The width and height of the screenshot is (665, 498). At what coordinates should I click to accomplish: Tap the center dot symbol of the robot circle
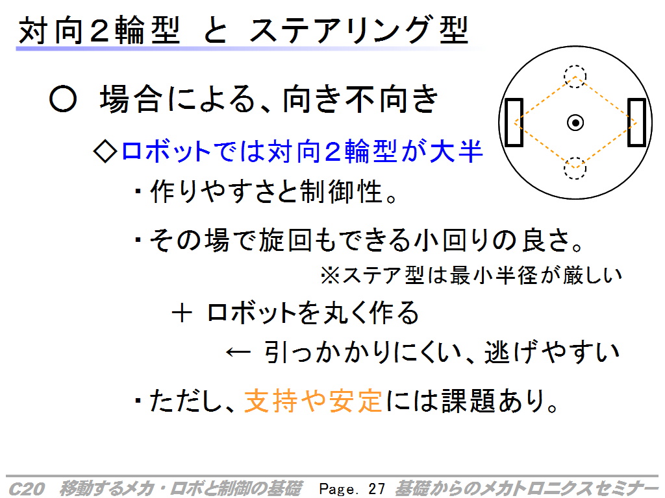point(575,123)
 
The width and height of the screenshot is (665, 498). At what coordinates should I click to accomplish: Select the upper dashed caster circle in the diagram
point(575,67)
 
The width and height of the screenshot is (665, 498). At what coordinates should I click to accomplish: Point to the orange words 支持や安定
point(314,400)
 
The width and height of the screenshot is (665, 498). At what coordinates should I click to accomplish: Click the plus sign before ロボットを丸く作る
point(182,314)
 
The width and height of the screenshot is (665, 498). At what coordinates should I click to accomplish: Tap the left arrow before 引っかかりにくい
point(238,352)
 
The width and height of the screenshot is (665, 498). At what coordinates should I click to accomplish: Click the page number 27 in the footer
point(377,489)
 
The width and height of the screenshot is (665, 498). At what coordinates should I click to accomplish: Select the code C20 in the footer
point(27,489)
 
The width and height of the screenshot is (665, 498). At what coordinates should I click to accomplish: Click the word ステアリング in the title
point(340,30)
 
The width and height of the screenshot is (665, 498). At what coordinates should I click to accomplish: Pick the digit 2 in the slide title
point(99,30)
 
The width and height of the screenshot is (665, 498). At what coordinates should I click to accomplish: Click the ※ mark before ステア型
point(331,275)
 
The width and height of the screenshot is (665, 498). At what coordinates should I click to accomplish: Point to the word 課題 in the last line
point(468,400)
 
